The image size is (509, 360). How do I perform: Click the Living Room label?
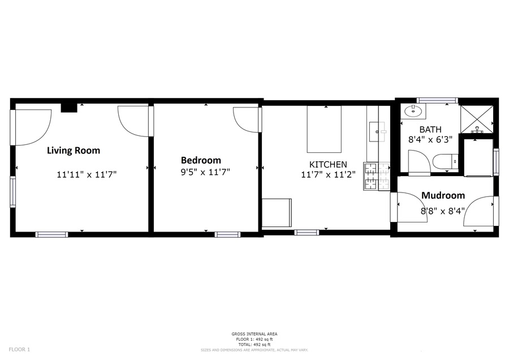(x=74, y=151)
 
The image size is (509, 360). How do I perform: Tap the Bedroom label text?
(x=201, y=160)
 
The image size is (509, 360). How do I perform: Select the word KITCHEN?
(x=328, y=164)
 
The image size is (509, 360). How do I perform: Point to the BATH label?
(x=430, y=129)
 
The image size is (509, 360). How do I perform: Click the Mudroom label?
(x=443, y=195)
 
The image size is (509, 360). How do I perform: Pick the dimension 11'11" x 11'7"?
(x=87, y=175)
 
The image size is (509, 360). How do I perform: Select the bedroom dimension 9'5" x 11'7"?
(x=205, y=172)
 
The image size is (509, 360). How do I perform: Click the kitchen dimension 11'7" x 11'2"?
(x=328, y=175)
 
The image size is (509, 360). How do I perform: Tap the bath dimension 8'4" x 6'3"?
(x=430, y=140)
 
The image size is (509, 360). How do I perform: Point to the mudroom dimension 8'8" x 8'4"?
(x=443, y=211)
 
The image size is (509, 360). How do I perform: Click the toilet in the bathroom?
(x=446, y=161)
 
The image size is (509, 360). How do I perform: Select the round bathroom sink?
(x=413, y=112)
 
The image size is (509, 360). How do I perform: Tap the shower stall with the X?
(x=477, y=119)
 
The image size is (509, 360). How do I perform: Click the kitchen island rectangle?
(x=324, y=129)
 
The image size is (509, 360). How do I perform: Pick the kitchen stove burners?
(x=377, y=176)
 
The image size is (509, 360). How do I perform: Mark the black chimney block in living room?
(x=69, y=108)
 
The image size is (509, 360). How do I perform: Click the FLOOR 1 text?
(x=19, y=350)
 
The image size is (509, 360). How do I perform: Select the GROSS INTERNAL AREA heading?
(x=255, y=334)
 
